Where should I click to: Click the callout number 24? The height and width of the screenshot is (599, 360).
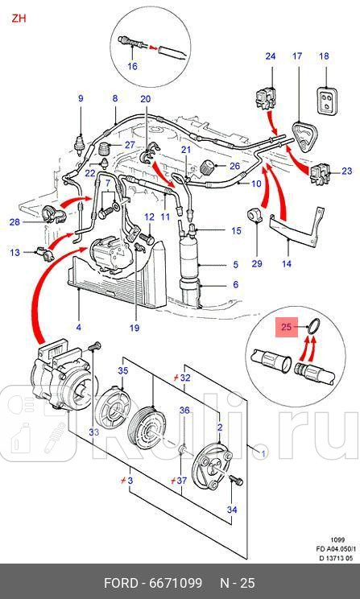pos(271,56)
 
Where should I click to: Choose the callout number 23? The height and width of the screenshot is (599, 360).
pos(347,171)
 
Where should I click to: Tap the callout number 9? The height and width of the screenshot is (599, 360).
pos(81,98)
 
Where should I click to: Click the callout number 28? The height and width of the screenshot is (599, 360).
pos(14,221)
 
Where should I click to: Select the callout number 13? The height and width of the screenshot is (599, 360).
pos(14,253)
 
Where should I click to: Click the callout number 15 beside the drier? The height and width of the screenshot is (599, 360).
pos(236,231)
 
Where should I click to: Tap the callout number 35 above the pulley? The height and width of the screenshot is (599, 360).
pos(122,371)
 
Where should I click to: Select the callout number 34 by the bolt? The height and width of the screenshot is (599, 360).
pos(233,510)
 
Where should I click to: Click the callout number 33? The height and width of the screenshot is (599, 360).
pos(94,432)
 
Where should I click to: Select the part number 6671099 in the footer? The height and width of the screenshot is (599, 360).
pos(190,582)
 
